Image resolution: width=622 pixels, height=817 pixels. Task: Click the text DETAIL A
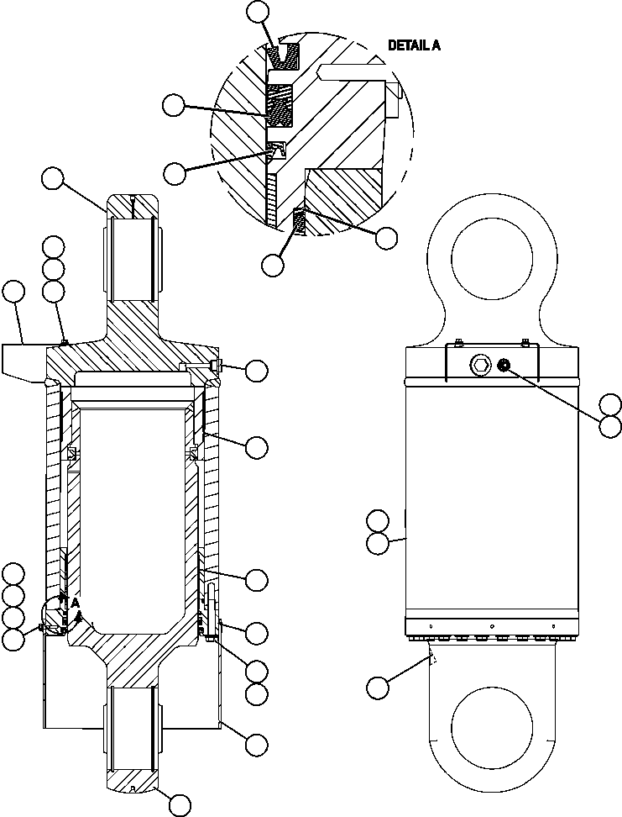coord(414,45)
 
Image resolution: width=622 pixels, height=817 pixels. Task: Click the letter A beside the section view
coord(75,602)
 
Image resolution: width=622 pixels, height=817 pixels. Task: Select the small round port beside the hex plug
coord(504,364)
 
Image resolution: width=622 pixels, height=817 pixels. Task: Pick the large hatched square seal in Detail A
coord(280,105)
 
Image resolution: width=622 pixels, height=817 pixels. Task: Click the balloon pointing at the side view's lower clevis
coord(378,688)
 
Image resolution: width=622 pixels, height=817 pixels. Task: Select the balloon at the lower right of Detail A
coord(385,238)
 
